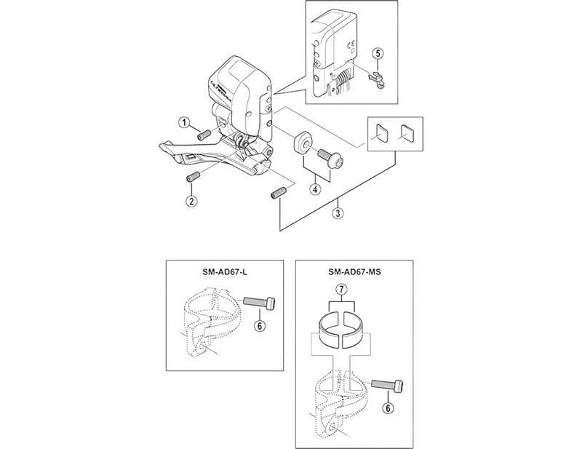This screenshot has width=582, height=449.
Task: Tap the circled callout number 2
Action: tap(190, 200)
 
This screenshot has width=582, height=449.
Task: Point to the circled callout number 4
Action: tap(315, 189)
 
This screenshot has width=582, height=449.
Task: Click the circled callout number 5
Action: tap(377, 52)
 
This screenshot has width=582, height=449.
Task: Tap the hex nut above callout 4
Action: tap(300, 141)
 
